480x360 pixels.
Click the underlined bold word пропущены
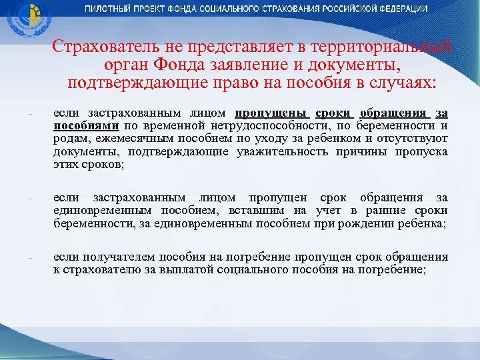click(x=271, y=113)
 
